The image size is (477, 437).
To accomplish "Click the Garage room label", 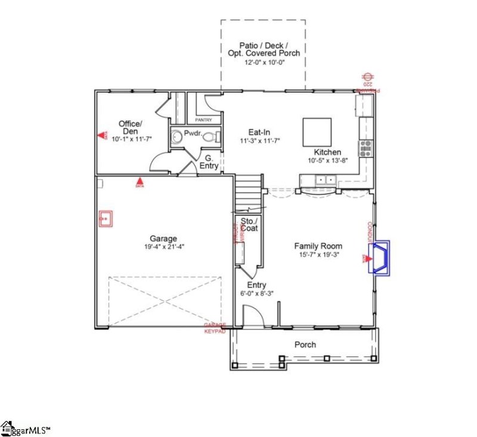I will pos(163,239).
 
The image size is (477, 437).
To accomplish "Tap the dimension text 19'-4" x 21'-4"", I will pos(163,247).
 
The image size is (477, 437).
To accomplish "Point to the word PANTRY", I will pos(204,120).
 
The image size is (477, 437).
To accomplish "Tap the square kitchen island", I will pos(317,132).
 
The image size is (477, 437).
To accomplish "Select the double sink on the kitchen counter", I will pos(326,179).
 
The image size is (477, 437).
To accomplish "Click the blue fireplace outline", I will pos(379,258).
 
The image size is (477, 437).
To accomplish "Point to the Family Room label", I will pos(318,246).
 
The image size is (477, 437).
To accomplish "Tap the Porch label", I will pos(305,345).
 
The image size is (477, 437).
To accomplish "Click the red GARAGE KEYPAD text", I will pos(215,328).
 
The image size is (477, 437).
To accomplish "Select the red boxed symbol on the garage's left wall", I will pos(106,219).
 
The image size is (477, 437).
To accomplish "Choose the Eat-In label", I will pos(260,132).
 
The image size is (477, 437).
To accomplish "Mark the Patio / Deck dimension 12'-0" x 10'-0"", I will pos(263,61).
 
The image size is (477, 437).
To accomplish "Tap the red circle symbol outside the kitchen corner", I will pos(368,77).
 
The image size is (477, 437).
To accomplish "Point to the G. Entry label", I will pos(209,161).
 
